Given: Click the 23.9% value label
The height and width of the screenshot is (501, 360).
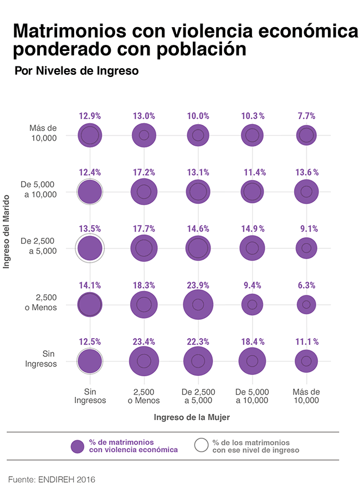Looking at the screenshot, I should (198, 285).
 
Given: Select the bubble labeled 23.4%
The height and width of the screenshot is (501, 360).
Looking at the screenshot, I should (144, 361).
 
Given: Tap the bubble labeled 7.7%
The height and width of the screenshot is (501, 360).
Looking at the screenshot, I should (306, 135).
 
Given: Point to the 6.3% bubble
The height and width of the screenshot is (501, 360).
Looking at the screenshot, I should (306, 304).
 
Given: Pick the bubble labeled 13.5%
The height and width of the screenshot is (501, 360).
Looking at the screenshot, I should (90, 248).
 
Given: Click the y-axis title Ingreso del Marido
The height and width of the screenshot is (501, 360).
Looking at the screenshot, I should (8, 231).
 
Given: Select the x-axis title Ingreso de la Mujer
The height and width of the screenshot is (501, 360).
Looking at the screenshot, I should (192, 417).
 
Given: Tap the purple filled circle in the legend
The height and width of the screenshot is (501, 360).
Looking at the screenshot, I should (78, 446).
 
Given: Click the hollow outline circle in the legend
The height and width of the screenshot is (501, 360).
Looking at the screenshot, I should (202, 446).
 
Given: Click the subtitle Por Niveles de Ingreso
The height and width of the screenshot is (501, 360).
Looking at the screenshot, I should (76, 71).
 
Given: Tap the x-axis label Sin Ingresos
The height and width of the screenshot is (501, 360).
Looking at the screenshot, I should (90, 396).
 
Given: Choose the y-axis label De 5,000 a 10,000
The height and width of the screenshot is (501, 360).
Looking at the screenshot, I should (39, 189).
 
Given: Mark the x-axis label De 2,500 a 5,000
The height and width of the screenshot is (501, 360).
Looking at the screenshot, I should (198, 396).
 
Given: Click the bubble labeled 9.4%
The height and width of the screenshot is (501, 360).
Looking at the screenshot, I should (252, 304).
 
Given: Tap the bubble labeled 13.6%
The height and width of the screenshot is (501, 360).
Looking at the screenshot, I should (306, 192).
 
